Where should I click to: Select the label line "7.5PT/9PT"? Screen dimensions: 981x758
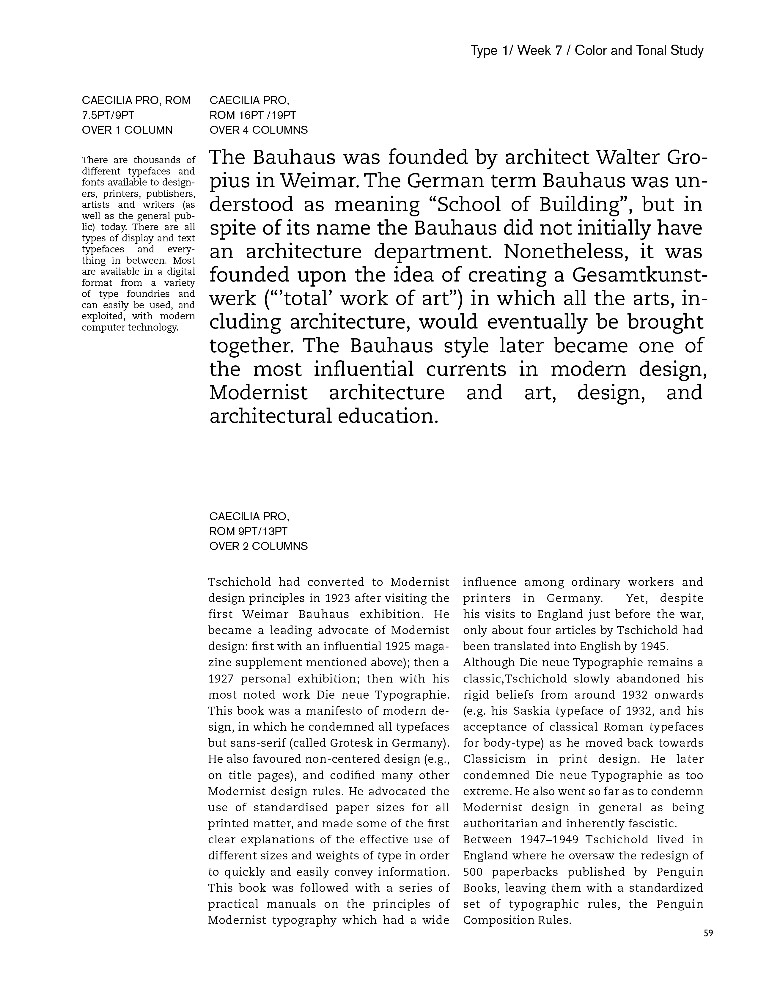coord(108,115)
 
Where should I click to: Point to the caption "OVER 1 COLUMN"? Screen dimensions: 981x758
coord(127,130)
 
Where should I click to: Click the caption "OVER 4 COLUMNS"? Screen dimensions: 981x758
coord(258,130)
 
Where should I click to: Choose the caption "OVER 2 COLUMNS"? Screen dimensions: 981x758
coord(258,546)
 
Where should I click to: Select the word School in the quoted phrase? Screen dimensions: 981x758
coord(469,205)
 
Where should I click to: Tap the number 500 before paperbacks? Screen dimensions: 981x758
coord(472,872)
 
